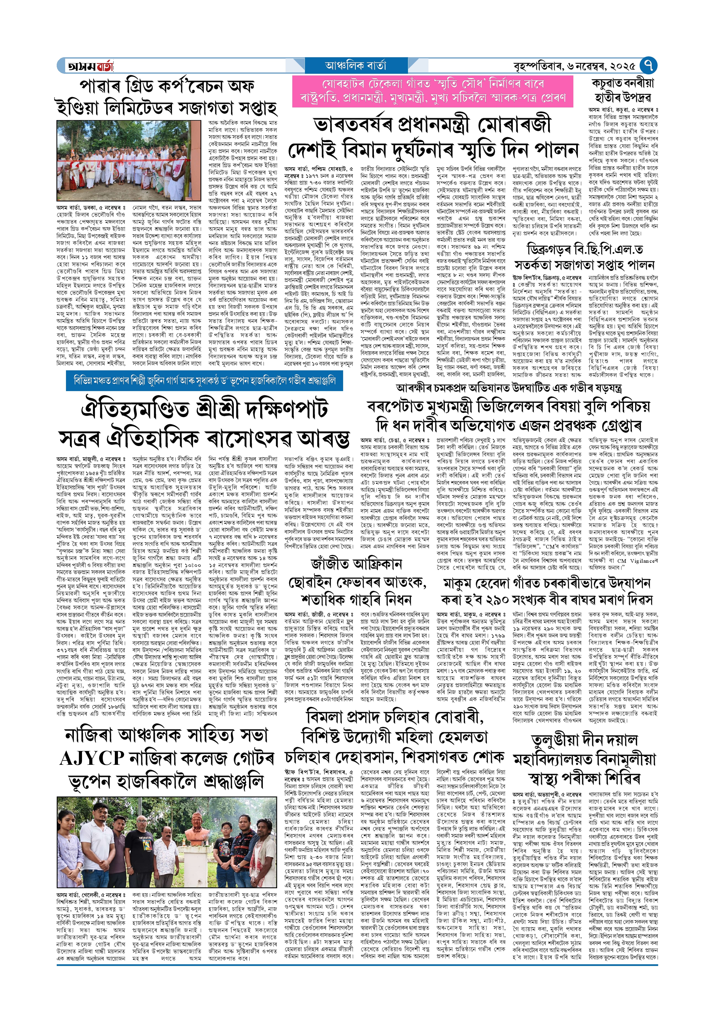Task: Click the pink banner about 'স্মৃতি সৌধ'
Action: click(x=432, y=91)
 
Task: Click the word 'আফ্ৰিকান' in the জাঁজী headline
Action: click(x=375, y=564)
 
